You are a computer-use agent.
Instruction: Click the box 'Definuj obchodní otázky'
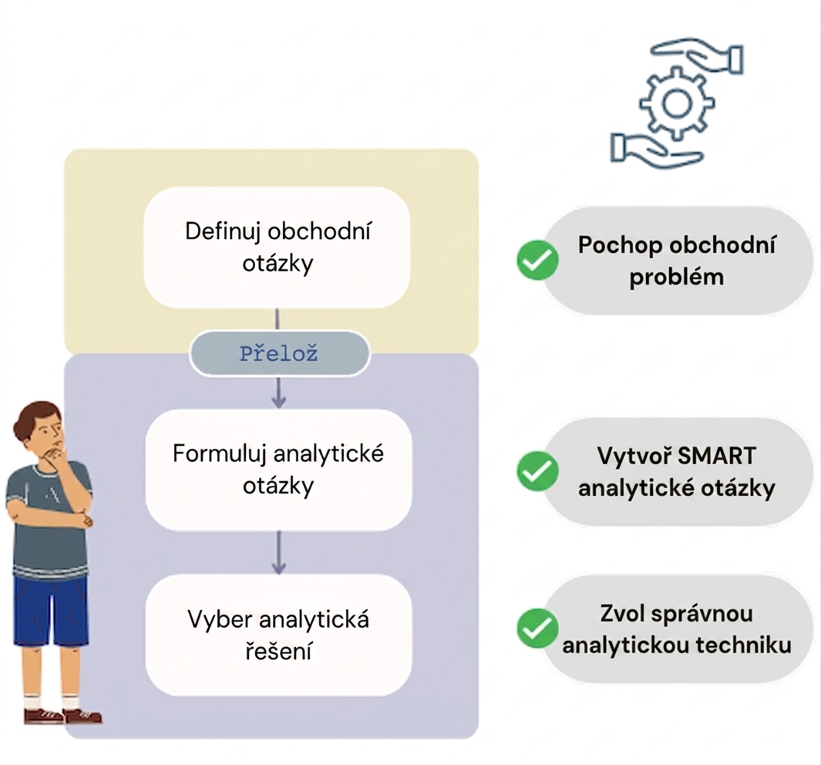277,247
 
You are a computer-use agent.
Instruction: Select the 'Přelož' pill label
279,353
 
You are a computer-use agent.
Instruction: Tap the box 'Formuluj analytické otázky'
278,470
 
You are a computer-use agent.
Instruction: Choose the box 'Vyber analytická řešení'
278,635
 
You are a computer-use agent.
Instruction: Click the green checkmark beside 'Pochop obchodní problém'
537,260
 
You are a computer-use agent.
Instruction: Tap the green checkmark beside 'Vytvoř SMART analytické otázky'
537,470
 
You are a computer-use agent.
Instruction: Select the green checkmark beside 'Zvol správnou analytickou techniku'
537,628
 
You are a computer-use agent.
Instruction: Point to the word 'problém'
677,278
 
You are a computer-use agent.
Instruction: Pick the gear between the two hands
677,103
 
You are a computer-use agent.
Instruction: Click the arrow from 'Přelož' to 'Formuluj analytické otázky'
278,393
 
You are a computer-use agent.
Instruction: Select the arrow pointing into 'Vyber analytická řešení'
278,552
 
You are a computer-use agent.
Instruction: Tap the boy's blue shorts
51,611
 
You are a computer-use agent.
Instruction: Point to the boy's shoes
63,716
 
